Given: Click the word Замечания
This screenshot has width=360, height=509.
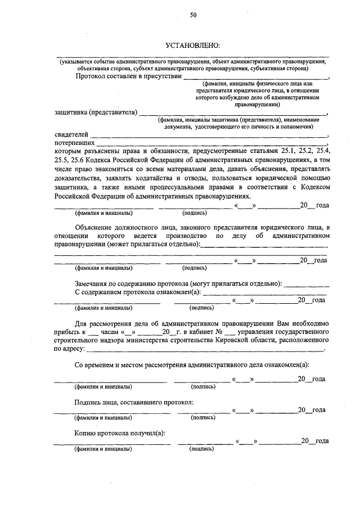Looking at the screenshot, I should [93, 284].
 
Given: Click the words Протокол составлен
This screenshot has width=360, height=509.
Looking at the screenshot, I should [105, 76].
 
